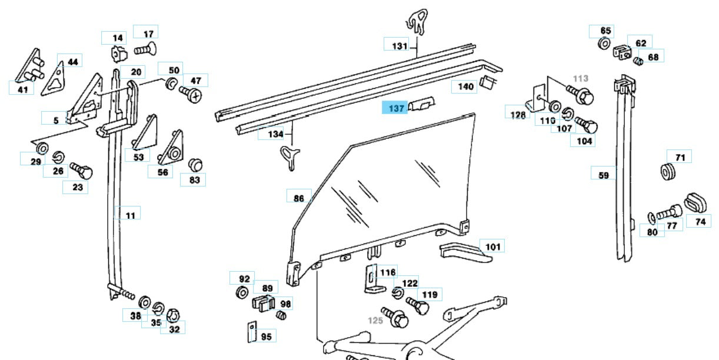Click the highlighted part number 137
pyautogui.click(x=394, y=108)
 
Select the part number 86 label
pyautogui.click(x=298, y=198)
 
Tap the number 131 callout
pyautogui.click(x=399, y=45)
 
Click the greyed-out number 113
pyautogui.click(x=580, y=78)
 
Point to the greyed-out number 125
pyautogui.click(x=375, y=321)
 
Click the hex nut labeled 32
pyautogui.click(x=174, y=315)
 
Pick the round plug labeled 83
pyautogui.click(x=194, y=164)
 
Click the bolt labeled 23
pyautogui.click(x=82, y=172)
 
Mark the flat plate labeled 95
pyautogui.click(x=251, y=332)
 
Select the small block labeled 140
pyautogui.click(x=487, y=82)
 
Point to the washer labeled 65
pyautogui.click(x=604, y=44)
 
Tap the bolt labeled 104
pyautogui.click(x=587, y=125)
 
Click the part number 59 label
pyautogui.click(x=603, y=175)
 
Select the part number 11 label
pyautogui.click(x=130, y=215)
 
